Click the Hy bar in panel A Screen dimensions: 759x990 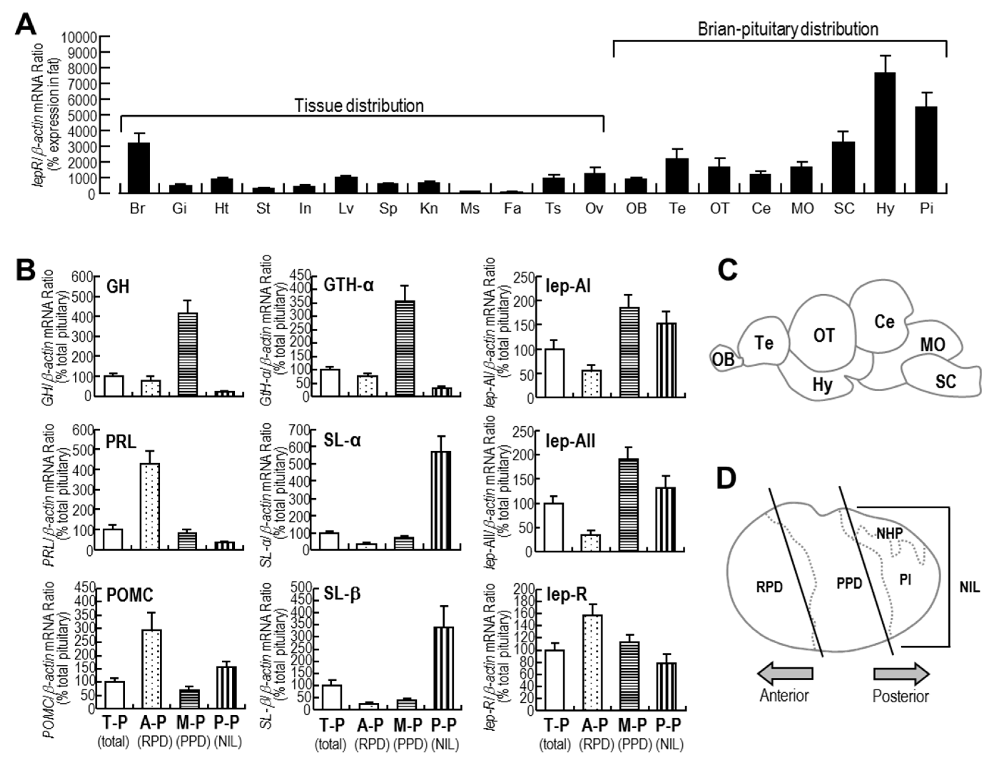885,133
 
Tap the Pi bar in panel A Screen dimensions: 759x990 926,150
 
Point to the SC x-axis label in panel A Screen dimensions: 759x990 844,209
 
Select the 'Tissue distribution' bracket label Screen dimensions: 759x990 359,106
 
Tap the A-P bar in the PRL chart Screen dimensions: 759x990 150,506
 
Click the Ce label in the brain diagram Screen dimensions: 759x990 884,322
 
